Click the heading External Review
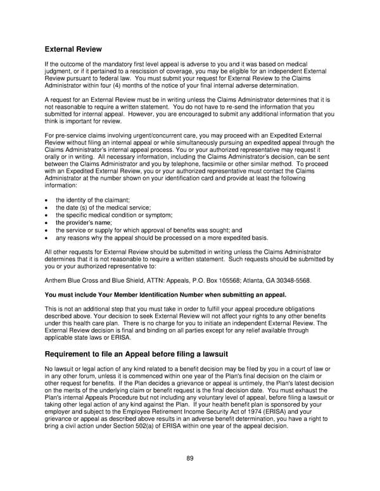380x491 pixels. pos(73,49)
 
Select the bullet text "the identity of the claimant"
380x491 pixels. pos(92,200)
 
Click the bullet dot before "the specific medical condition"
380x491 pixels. pos(48,215)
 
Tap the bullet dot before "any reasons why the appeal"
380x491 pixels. pos(48,238)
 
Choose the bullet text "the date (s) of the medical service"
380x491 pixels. pos(103,208)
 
